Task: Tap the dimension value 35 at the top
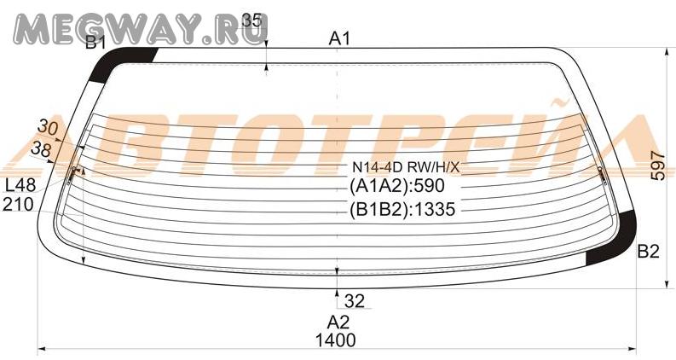251,20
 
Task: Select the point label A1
340,39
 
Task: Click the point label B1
95,43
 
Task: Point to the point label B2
649,251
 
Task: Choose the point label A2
338,322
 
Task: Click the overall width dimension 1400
336,340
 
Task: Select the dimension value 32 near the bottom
355,301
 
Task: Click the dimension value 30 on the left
48,127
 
